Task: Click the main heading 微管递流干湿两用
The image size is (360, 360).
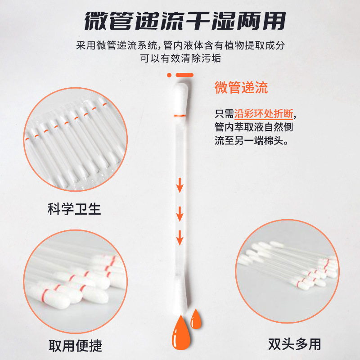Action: click(x=184, y=20)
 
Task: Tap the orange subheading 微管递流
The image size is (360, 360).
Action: click(x=241, y=87)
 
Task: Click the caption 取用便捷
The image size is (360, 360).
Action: click(x=75, y=345)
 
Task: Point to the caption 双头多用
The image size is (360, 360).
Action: click(x=295, y=344)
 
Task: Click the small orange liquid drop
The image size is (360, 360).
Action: click(x=196, y=319)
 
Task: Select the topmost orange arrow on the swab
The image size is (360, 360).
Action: click(x=180, y=185)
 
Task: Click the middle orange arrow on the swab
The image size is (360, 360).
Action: click(x=180, y=213)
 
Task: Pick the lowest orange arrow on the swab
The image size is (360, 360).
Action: click(x=180, y=237)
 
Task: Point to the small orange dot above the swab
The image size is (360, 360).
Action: click(x=169, y=75)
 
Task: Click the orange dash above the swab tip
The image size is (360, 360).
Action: click(x=184, y=75)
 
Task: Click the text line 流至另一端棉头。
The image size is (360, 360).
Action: click(x=252, y=140)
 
